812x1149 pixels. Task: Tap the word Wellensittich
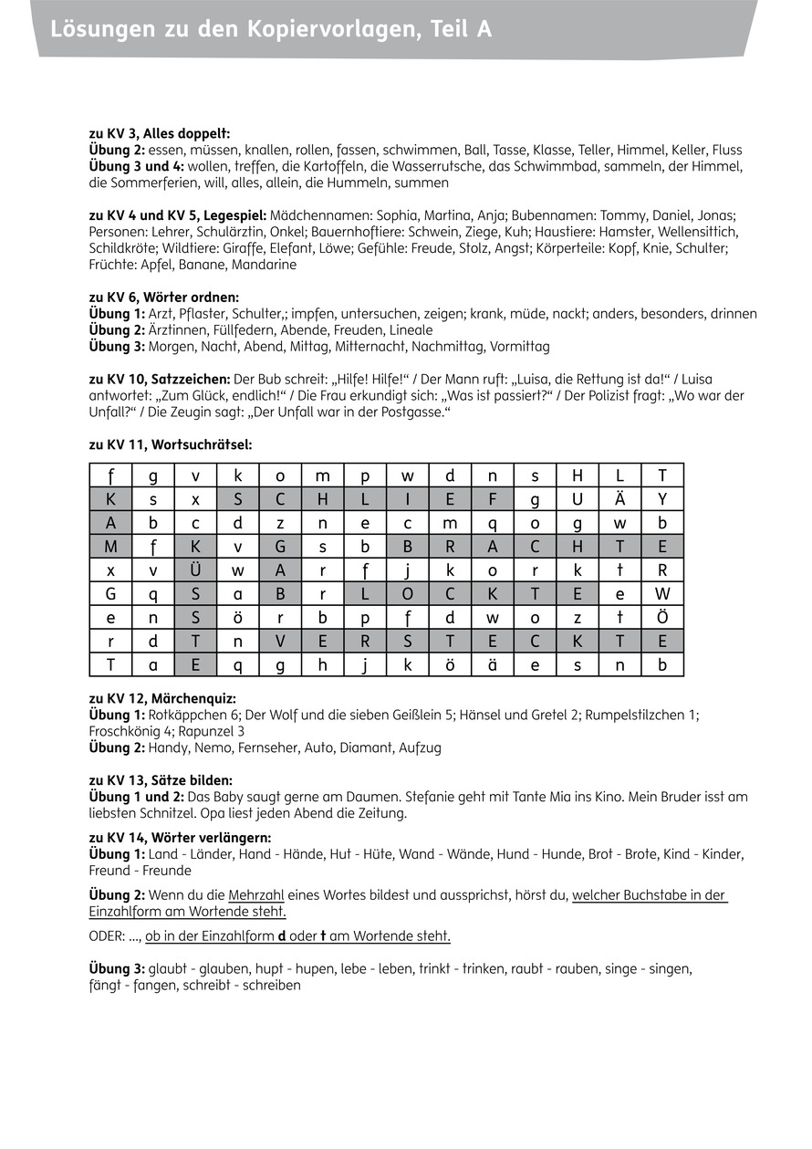point(694,232)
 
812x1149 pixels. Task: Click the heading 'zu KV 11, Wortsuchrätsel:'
point(171,445)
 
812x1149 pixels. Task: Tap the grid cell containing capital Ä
point(619,499)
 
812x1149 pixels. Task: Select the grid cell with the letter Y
point(662,499)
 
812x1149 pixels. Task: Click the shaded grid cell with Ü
point(195,570)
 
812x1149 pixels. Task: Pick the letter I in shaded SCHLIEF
point(408,499)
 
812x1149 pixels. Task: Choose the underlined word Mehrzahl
point(256,895)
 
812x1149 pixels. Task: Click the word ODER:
point(108,936)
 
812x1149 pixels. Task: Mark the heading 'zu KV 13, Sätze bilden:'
point(161,780)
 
